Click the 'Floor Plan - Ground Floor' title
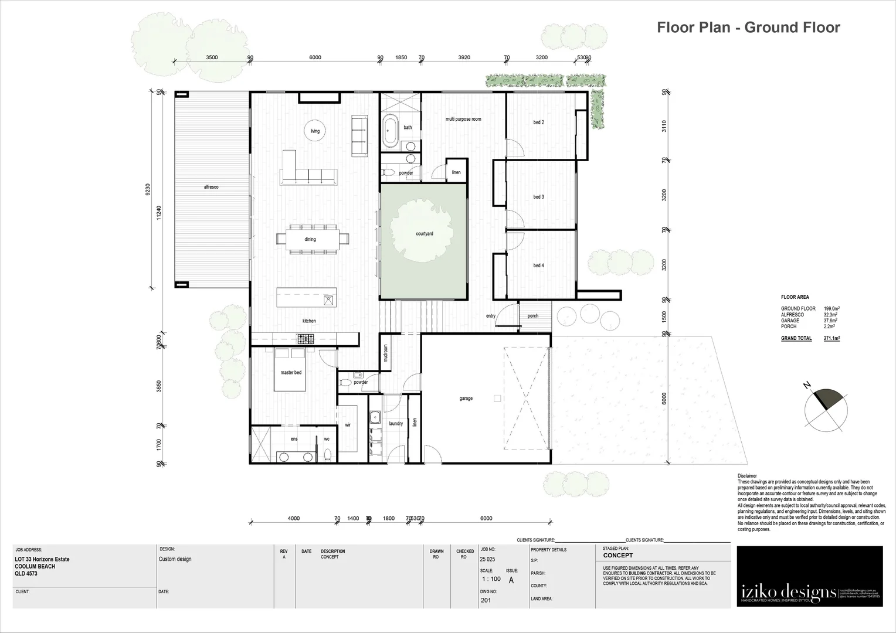click(x=748, y=28)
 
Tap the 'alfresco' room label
click(x=211, y=187)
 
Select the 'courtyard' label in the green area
click(x=424, y=234)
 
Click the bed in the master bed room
click(x=291, y=369)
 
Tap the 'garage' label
click(x=466, y=399)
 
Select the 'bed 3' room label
click(x=538, y=197)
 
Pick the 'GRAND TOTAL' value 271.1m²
click(x=831, y=338)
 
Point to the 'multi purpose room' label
click(x=463, y=119)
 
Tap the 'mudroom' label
click(x=385, y=353)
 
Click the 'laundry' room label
click(x=396, y=423)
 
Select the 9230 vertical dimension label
click(x=148, y=189)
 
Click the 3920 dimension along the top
click(x=464, y=57)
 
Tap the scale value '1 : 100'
click(x=490, y=579)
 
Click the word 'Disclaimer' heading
click(x=748, y=476)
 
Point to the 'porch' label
click(x=532, y=316)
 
